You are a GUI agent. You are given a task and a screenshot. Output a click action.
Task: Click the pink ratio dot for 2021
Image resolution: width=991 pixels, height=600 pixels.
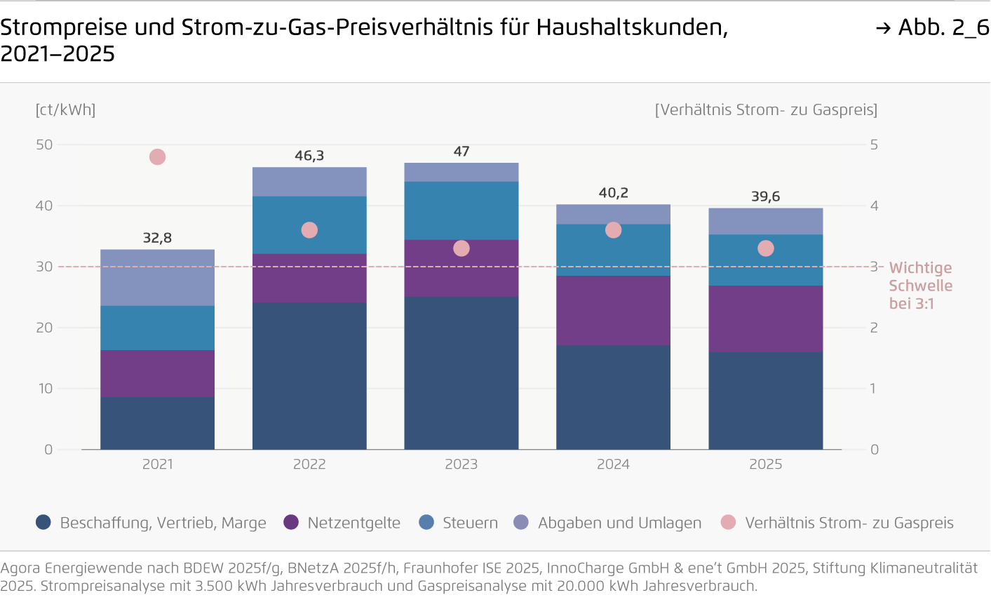tap(157, 157)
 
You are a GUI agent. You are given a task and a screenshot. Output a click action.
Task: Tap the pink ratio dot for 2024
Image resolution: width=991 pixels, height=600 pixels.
tap(613, 230)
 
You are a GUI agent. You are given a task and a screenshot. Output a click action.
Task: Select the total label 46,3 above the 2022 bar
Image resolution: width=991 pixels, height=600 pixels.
tap(309, 156)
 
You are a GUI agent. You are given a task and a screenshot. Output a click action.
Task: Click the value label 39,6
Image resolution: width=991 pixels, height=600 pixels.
tap(765, 196)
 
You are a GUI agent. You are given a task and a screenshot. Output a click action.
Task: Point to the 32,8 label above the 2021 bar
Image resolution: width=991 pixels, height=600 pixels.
tap(157, 238)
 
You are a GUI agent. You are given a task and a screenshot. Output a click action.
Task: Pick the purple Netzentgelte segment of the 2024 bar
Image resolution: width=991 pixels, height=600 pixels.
tap(613, 310)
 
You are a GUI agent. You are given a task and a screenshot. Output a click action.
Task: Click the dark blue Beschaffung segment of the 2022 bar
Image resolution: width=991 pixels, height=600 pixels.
tap(309, 375)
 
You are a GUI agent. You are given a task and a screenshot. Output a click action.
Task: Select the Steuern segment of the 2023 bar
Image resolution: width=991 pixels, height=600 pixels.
tap(461, 211)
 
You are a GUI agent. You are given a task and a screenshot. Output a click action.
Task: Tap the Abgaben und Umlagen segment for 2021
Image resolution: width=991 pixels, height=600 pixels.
tap(157, 277)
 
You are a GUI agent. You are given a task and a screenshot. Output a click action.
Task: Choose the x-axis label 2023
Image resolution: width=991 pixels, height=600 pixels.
tap(461, 465)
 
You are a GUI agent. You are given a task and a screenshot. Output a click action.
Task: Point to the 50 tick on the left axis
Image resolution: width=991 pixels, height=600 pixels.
tap(44, 145)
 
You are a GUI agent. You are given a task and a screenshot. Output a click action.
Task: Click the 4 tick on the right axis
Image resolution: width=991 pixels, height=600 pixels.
tap(874, 206)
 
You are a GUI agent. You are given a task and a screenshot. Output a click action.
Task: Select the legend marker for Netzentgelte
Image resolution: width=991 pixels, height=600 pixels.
tap(291, 522)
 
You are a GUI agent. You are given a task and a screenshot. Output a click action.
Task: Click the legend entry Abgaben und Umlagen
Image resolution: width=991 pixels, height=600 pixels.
tap(619, 523)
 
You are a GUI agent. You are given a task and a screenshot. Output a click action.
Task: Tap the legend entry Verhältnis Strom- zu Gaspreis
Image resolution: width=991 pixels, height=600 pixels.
tap(849, 523)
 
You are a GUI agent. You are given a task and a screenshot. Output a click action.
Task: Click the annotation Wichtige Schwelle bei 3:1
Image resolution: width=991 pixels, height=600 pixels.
tap(920, 286)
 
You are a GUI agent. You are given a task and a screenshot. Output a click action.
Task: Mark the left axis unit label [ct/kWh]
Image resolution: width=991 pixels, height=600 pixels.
tap(65, 109)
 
